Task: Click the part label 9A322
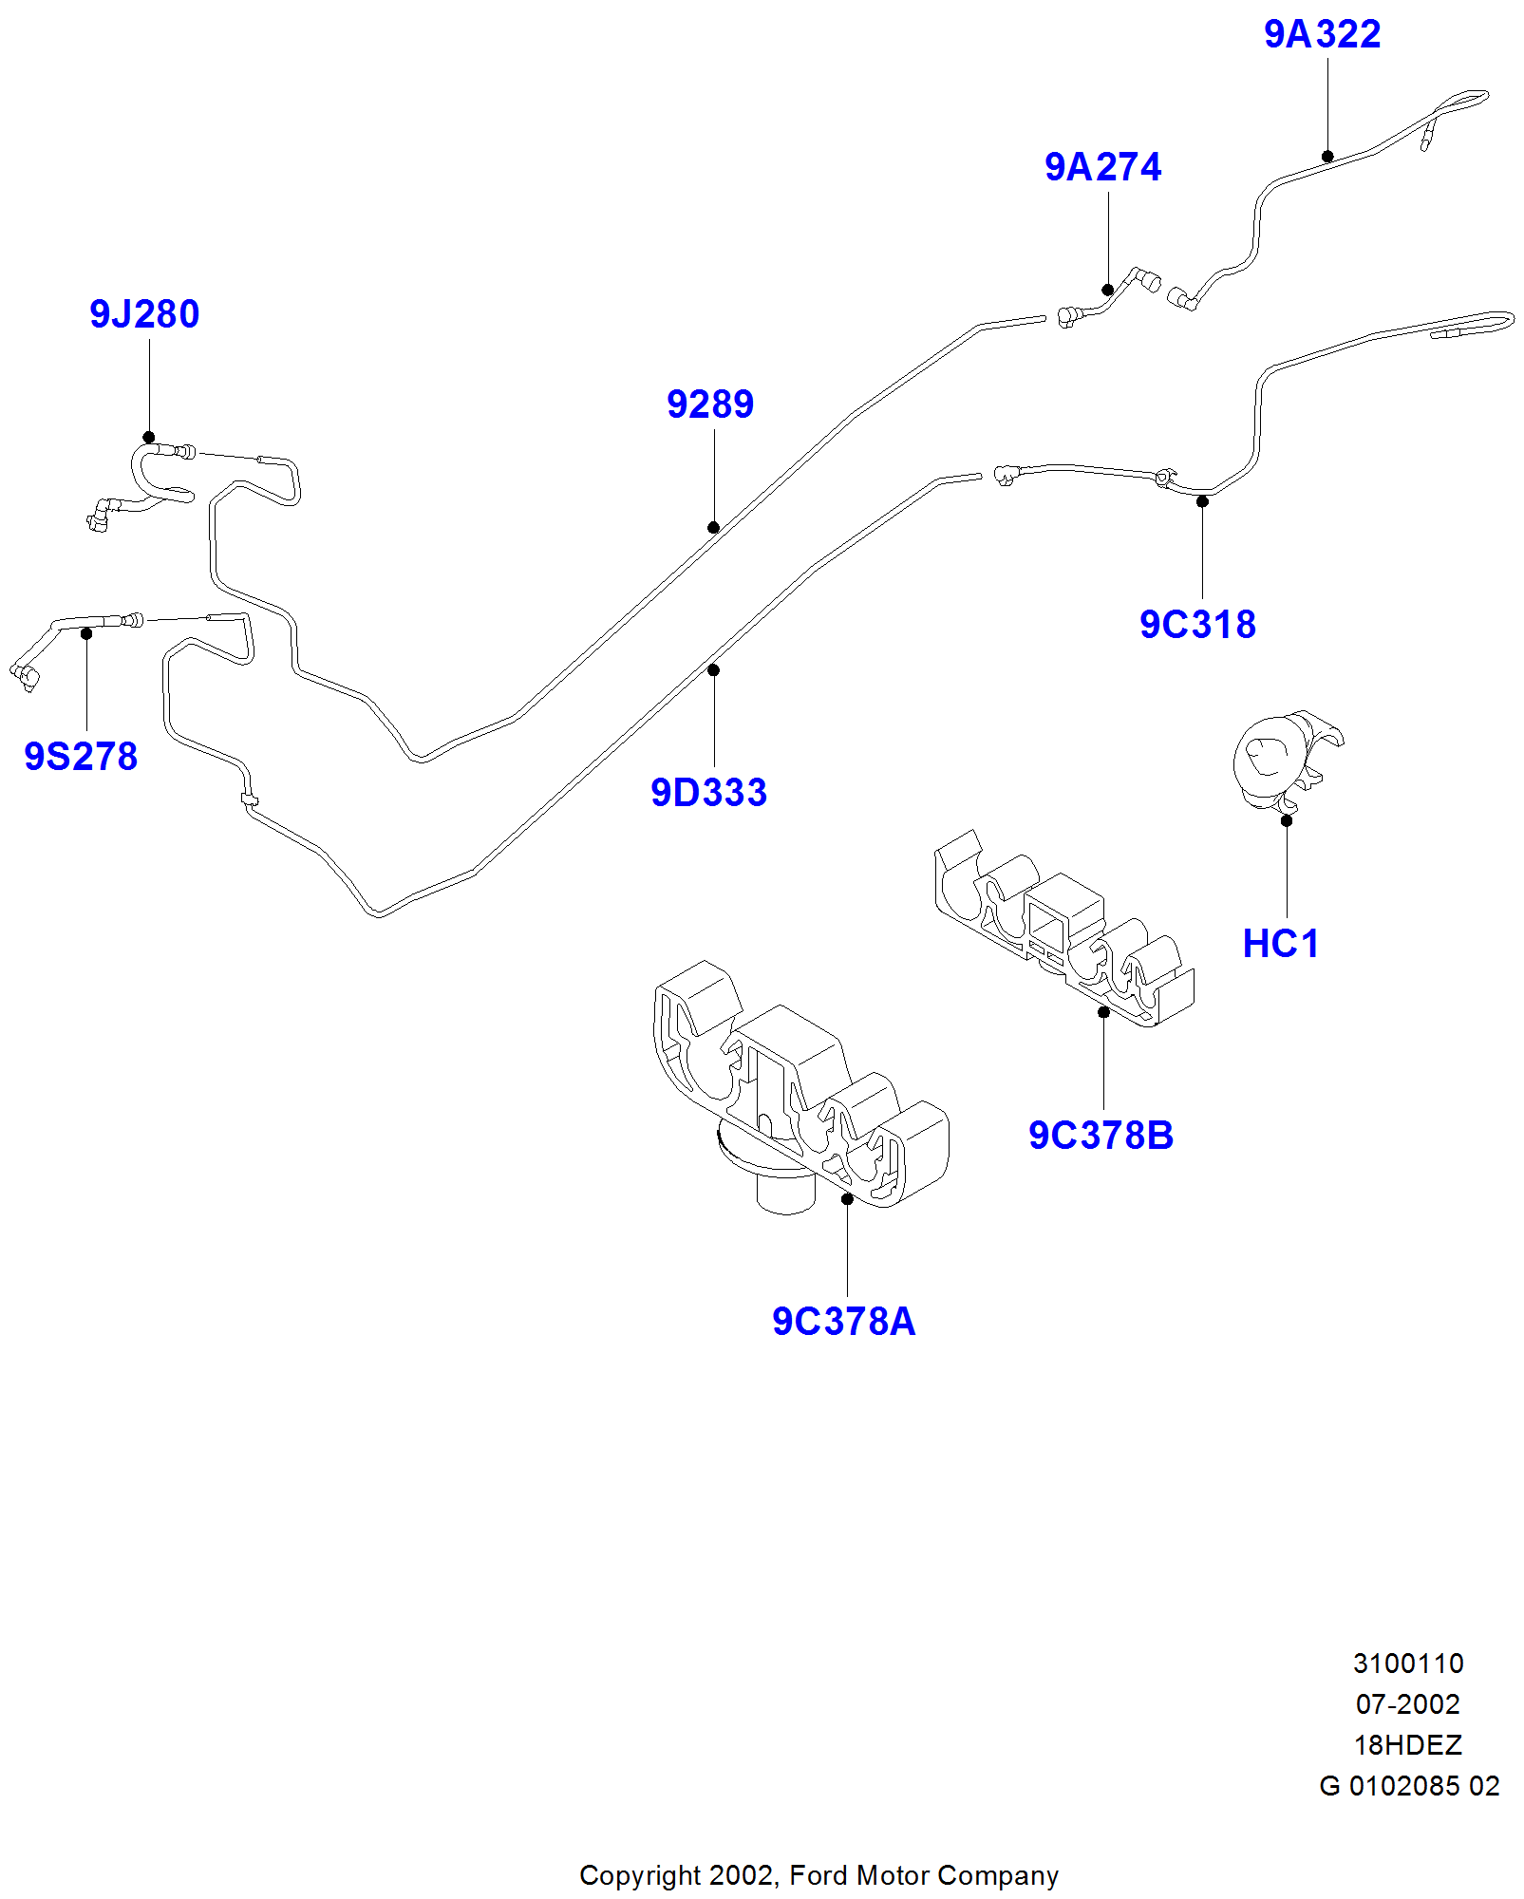point(1322,35)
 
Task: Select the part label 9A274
point(1102,168)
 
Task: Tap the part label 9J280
point(144,315)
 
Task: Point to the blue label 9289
point(709,405)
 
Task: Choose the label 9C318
point(1197,626)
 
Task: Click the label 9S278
point(81,758)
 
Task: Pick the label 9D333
point(708,794)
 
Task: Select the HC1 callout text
point(1281,945)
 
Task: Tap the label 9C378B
point(1101,1137)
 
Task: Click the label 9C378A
point(843,1323)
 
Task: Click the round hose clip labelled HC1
point(1282,760)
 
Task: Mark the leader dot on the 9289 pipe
point(713,528)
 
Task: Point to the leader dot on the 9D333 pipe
point(713,670)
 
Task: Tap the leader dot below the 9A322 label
point(1327,157)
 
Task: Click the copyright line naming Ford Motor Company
point(818,1876)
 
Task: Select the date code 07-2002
point(1407,1705)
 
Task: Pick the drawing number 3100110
point(1407,1664)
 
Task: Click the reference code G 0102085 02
point(1408,1787)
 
